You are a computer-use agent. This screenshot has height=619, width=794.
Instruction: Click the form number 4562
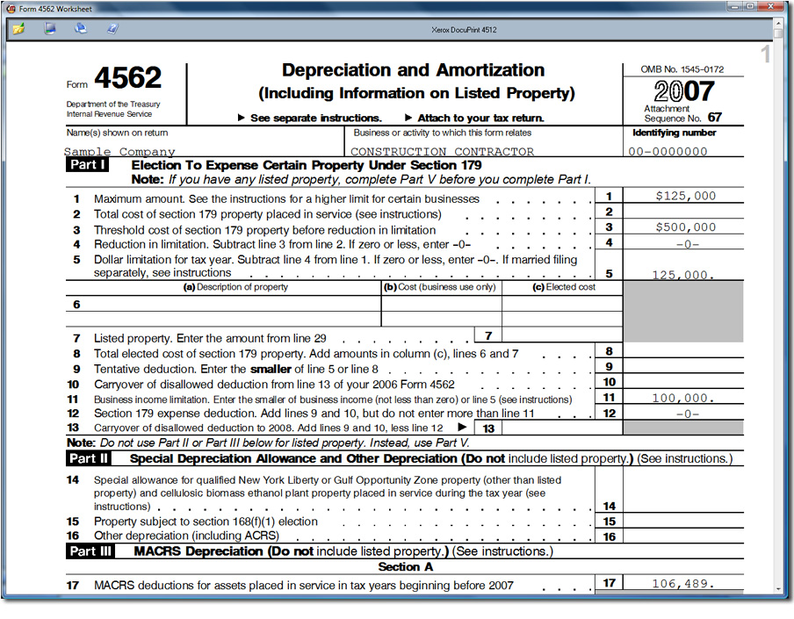click(127, 79)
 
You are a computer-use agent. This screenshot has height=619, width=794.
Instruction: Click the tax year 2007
click(684, 91)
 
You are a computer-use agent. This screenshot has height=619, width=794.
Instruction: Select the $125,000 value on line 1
click(685, 196)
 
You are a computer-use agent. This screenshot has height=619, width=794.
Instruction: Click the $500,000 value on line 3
click(685, 227)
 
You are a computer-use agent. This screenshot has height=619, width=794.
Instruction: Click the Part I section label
click(89, 165)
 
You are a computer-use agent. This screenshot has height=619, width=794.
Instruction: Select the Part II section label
click(89, 458)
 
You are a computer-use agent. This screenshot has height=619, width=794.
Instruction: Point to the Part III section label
click(90, 551)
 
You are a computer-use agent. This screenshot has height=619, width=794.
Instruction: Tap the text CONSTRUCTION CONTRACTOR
click(442, 152)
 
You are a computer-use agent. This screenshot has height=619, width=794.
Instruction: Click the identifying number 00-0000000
click(668, 151)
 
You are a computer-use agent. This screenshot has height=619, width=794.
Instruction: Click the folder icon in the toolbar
click(18, 28)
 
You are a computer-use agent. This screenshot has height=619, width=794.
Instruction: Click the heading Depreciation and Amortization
click(413, 70)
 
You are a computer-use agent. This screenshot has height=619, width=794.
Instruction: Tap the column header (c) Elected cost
click(563, 287)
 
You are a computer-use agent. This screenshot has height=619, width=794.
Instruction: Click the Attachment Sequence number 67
click(714, 117)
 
